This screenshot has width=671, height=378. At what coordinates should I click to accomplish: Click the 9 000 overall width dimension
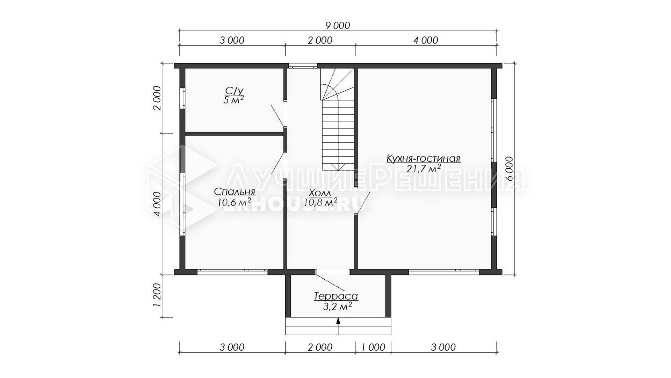click(338, 26)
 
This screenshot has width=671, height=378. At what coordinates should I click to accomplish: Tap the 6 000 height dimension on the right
click(510, 168)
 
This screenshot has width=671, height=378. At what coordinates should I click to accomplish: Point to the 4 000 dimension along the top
click(426, 40)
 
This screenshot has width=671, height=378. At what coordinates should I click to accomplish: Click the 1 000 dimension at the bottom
click(373, 347)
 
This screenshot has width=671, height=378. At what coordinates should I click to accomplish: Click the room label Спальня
click(235, 192)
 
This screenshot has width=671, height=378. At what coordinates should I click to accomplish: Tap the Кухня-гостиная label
click(423, 159)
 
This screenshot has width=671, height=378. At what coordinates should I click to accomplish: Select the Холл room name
click(320, 193)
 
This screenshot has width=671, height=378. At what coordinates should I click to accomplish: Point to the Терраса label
click(336, 296)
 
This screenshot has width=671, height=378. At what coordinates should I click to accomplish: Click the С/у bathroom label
click(233, 91)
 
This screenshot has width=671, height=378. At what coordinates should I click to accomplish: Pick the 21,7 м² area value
click(423, 169)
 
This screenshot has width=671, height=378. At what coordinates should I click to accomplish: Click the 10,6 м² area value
click(234, 202)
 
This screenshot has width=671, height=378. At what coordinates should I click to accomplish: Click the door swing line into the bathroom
click(277, 115)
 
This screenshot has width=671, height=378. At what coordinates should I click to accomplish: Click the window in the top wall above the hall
click(303, 65)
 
